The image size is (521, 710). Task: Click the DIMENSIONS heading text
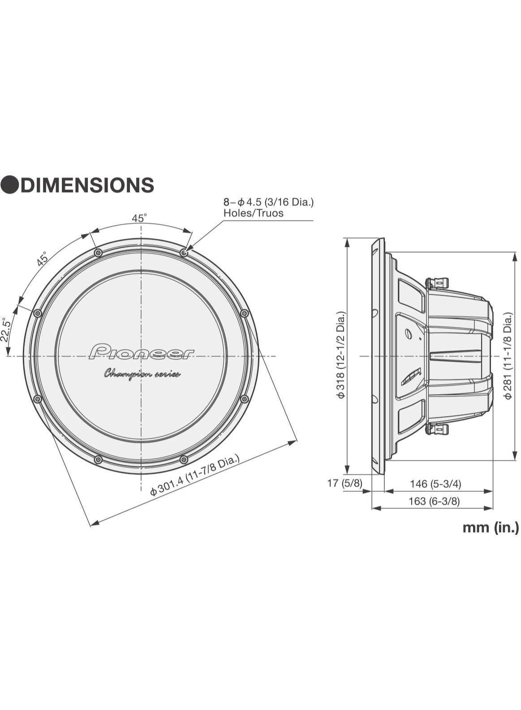pyautogui.click(x=87, y=185)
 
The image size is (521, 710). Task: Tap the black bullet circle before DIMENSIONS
pyautogui.click(x=9, y=185)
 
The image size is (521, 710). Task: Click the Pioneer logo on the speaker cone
pyautogui.click(x=142, y=352)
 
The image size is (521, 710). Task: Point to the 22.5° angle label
pyautogui.click(x=6, y=330)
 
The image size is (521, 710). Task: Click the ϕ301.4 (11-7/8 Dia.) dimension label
pyautogui.click(x=195, y=475)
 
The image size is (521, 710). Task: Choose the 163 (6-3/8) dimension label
pyautogui.click(x=434, y=501)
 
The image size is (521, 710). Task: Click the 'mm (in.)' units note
pyautogui.click(x=491, y=527)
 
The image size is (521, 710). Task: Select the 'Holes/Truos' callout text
pyautogui.click(x=254, y=213)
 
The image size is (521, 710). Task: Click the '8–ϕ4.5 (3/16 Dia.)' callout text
pyautogui.click(x=269, y=202)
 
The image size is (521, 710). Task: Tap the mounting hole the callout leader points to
pyautogui.click(x=184, y=253)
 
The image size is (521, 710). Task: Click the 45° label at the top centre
pyautogui.click(x=139, y=218)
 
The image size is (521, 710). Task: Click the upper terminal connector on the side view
pyautogui.click(x=437, y=283)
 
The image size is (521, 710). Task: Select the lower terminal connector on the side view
pyautogui.click(x=437, y=429)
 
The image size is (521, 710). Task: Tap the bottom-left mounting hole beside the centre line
pyautogui.click(x=99, y=460)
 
